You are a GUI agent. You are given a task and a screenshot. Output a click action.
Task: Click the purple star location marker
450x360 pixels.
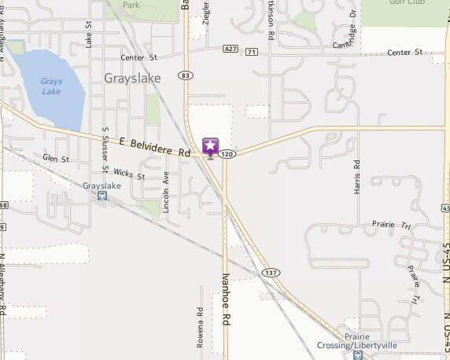tap(210, 146)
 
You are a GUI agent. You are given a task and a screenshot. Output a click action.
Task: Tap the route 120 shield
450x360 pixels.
tap(227, 154)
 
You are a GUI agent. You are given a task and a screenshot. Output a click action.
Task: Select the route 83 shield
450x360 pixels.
tap(185, 75)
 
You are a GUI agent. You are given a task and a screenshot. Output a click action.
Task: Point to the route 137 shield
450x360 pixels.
tap(271, 272)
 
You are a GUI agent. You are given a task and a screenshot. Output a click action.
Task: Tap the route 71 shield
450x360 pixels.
tap(251, 52)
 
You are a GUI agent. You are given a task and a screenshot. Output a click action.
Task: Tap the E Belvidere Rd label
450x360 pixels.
tap(156, 147)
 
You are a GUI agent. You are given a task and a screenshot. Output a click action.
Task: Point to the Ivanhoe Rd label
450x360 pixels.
tap(226, 299)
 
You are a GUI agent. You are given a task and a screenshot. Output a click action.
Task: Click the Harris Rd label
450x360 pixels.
tap(356, 176)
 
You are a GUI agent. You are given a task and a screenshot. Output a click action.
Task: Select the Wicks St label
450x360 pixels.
tap(129, 174)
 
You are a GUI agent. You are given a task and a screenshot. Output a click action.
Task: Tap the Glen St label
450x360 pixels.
tap(56, 159)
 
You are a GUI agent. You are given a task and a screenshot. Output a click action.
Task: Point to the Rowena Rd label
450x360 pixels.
tap(200, 324)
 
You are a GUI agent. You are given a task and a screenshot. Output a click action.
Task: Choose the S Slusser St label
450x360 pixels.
tap(105, 149)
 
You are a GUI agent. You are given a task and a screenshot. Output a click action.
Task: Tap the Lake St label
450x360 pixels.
tap(89, 33)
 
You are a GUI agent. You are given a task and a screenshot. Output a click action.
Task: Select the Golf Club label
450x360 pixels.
tap(407, 3)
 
